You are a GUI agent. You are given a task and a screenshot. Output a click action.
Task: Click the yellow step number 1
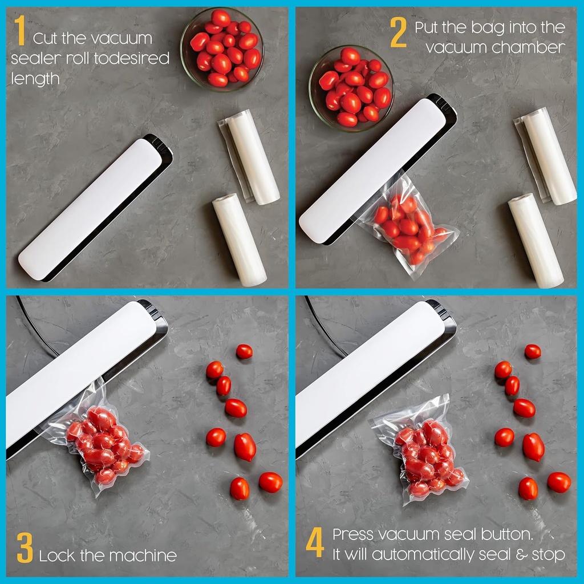point(21,31)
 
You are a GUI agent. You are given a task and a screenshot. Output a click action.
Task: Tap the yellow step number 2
point(398,33)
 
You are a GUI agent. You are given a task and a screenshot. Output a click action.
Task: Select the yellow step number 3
point(25,549)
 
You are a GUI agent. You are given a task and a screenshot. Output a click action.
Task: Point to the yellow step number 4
point(315,544)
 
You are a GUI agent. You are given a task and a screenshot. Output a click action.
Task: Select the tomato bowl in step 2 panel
point(351,86)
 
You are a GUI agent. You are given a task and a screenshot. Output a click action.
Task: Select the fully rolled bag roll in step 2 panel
point(536,240)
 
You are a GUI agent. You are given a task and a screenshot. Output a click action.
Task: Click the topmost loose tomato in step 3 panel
point(244,351)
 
